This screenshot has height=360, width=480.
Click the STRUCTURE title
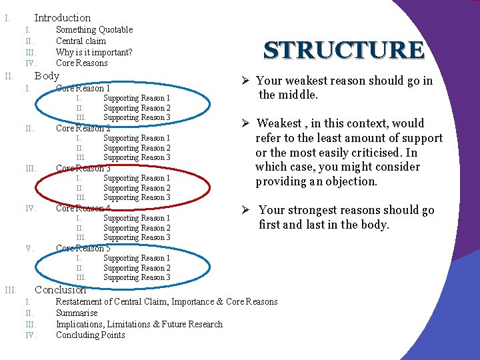point(344,50)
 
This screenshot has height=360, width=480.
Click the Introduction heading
point(62,18)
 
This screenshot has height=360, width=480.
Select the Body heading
point(47,75)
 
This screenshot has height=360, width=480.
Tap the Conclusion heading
point(60,289)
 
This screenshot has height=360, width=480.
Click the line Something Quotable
point(94,29)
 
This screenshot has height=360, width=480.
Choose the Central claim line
point(81,41)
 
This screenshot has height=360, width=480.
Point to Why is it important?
point(94,52)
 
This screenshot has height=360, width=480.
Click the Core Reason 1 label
point(83,88)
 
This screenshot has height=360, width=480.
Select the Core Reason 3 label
point(83,168)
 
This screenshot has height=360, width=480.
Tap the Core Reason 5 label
point(83,248)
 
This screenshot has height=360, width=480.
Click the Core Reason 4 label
point(83,208)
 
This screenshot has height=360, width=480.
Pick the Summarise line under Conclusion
point(76,313)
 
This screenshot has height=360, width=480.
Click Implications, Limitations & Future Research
point(139,324)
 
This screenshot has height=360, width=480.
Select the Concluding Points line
point(90,335)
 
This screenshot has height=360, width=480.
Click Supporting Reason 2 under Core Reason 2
point(137,148)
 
